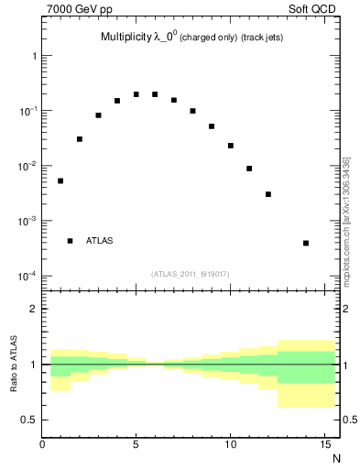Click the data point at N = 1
[x=60, y=180]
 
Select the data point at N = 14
[x=306, y=243]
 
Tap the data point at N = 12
[x=268, y=194]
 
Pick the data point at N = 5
[x=136, y=94]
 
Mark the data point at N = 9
[x=212, y=126]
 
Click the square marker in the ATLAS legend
[x=70, y=241]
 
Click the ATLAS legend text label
[x=100, y=241]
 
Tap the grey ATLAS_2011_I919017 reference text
[x=190, y=273]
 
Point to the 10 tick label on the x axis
[x=230, y=445]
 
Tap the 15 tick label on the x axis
[x=324, y=445]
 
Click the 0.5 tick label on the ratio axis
[x=28, y=420]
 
